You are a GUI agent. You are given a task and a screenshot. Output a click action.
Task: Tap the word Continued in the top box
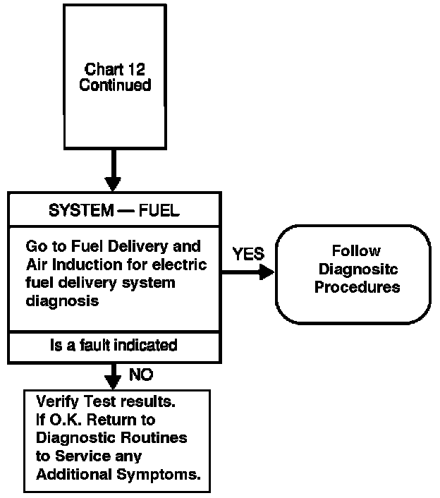(x=115, y=85)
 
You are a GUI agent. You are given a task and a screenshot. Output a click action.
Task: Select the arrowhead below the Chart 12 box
(x=113, y=181)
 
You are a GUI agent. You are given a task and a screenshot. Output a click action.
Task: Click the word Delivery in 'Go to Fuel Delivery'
(x=132, y=247)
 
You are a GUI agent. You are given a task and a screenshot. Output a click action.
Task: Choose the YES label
(x=248, y=255)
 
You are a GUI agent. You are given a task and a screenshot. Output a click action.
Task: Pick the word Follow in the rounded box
(x=356, y=250)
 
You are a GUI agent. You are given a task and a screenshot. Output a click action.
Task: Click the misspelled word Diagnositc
(x=356, y=269)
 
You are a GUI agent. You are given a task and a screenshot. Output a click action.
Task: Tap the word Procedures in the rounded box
(x=357, y=287)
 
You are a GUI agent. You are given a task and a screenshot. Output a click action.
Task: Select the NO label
(x=141, y=374)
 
